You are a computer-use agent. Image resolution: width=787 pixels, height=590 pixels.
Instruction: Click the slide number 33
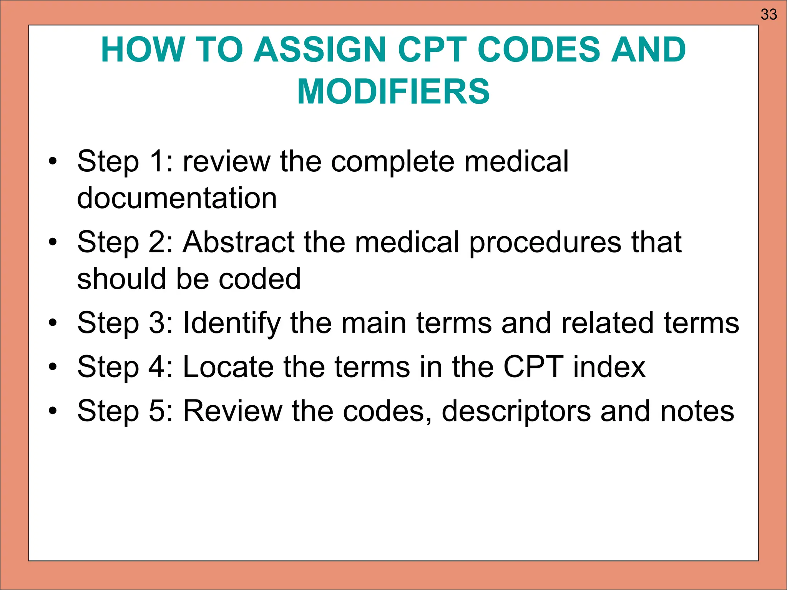click(769, 15)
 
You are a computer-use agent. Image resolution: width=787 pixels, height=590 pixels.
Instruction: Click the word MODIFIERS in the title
click(393, 91)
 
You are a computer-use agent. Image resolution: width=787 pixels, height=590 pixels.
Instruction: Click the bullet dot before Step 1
click(53, 162)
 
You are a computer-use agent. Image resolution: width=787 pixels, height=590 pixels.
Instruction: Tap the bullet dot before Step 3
click(53, 323)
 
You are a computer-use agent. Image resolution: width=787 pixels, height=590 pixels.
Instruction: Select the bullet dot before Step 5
click(53, 411)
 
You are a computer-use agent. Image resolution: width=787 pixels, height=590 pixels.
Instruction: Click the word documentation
click(177, 198)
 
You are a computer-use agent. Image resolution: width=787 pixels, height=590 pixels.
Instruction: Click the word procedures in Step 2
click(545, 243)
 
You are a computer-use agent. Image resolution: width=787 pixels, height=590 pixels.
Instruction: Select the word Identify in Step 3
click(232, 323)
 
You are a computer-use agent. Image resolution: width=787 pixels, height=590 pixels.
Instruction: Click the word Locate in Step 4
click(228, 367)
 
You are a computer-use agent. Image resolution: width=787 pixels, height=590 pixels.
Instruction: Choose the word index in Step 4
click(609, 367)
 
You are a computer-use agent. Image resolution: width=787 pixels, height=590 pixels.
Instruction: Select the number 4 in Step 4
click(156, 367)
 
